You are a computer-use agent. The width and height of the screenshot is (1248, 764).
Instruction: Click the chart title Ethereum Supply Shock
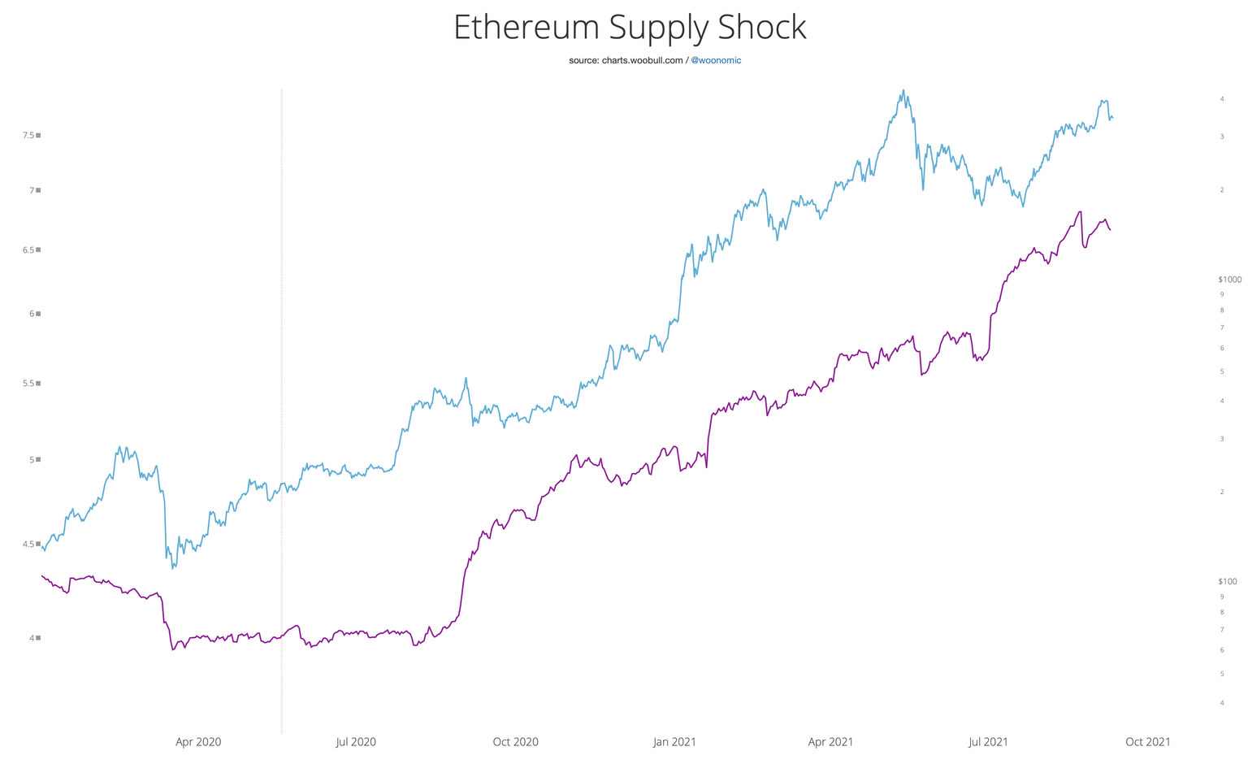click(630, 28)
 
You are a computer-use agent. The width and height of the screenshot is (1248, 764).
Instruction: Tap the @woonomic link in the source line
click(715, 60)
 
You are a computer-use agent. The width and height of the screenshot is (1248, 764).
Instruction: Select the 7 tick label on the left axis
click(32, 190)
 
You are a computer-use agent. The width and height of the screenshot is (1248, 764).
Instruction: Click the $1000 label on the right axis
click(1229, 280)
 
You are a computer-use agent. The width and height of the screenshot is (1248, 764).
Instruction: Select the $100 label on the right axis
click(1227, 581)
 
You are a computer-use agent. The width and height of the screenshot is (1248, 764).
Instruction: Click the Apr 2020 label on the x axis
click(198, 742)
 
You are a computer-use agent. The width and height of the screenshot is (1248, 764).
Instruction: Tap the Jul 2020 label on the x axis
click(356, 742)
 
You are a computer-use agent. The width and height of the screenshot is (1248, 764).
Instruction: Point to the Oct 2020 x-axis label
click(515, 742)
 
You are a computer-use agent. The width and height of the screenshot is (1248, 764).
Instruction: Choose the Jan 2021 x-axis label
click(674, 742)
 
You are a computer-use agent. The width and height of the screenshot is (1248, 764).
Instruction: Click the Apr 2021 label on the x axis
click(830, 742)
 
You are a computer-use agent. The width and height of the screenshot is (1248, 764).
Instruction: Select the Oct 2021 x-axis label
click(1147, 742)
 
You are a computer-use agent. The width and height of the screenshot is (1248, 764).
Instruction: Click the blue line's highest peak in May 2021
click(903, 90)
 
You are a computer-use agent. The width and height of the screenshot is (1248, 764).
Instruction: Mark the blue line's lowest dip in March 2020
click(174, 568)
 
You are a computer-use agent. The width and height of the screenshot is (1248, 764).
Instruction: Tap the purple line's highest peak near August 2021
click(1080, 211)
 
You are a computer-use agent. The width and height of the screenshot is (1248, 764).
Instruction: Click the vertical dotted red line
click(282, 406)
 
